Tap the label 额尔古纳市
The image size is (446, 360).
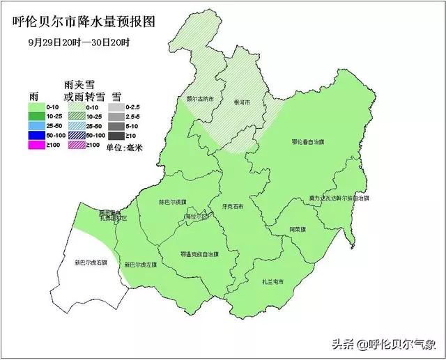191,100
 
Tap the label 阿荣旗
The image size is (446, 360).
298,229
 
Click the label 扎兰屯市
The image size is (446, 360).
272,281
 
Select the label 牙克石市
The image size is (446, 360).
232,207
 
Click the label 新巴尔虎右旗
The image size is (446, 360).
91,263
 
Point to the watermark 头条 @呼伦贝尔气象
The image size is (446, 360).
383,344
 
